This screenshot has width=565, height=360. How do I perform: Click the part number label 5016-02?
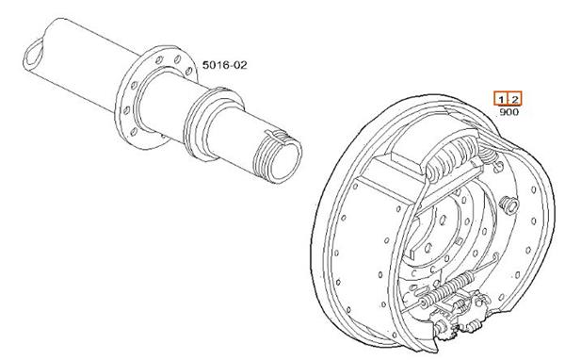[x=225, y=65]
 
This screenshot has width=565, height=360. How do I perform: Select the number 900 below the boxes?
[x=508, y=112]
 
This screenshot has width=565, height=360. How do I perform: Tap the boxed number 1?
[x=501, y=99]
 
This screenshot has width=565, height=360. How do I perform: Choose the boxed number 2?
[x=514, y=99]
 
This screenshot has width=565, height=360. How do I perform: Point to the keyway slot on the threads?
[x=278, y=136]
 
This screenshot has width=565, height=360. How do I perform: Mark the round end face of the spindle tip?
[x=286, y=160]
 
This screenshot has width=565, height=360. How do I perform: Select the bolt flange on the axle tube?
[x=155, y=97]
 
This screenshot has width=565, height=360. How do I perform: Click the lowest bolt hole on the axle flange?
[x=134, y=132]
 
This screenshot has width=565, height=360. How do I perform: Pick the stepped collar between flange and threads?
[x=213, y=124]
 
